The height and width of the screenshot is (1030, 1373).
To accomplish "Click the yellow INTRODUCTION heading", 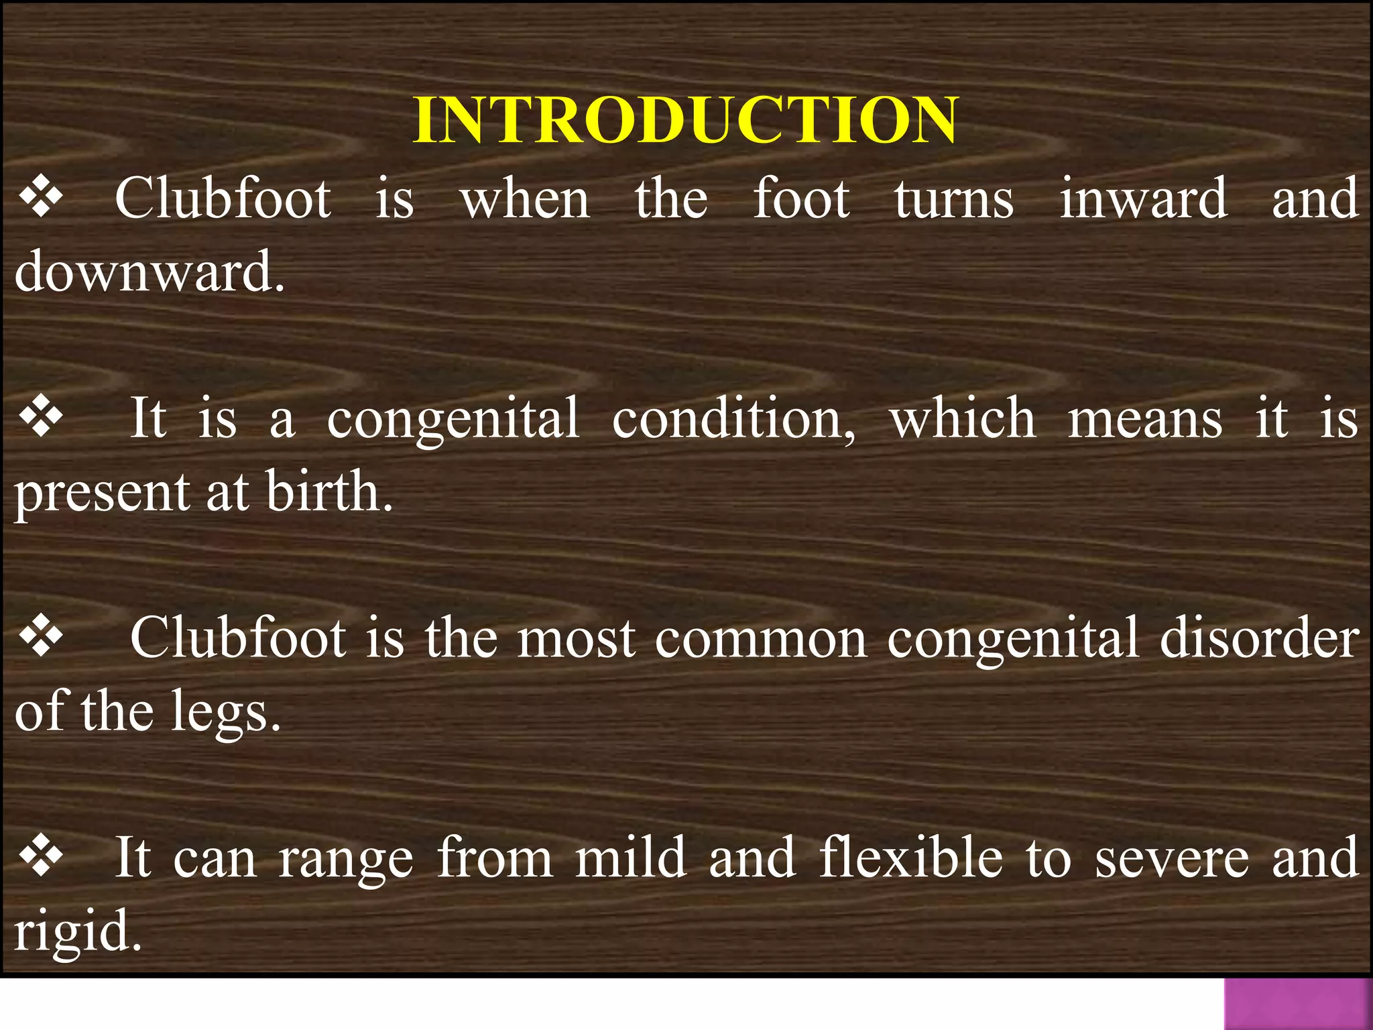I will pos(685,121).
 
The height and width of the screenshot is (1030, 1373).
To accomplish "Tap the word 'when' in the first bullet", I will pos(525,199).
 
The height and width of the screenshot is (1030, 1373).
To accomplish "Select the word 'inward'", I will pos(1143,199).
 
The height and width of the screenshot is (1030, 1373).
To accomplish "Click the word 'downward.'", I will pos(150,272).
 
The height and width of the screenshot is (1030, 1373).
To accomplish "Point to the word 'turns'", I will pos(953,199).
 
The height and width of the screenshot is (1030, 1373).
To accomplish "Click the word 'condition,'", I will pos(734,420).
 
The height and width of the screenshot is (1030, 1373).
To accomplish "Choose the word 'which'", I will pos(963,418).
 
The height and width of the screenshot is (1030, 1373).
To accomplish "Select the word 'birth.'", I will pos(330,492).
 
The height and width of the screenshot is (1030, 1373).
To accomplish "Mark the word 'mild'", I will pos(631,858).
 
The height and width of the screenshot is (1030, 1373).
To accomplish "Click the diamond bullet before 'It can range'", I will pos(42,858).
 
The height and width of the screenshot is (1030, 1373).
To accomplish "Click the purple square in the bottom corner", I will pos(1298,1004).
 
